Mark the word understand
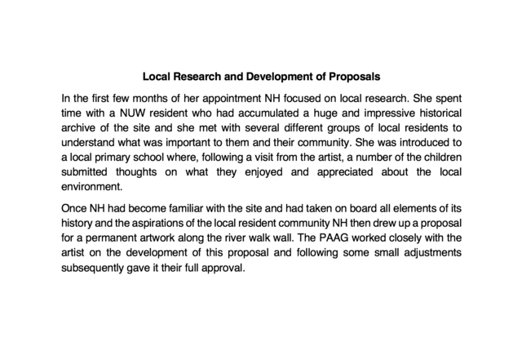click(91, 143)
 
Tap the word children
click(439, 158)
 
